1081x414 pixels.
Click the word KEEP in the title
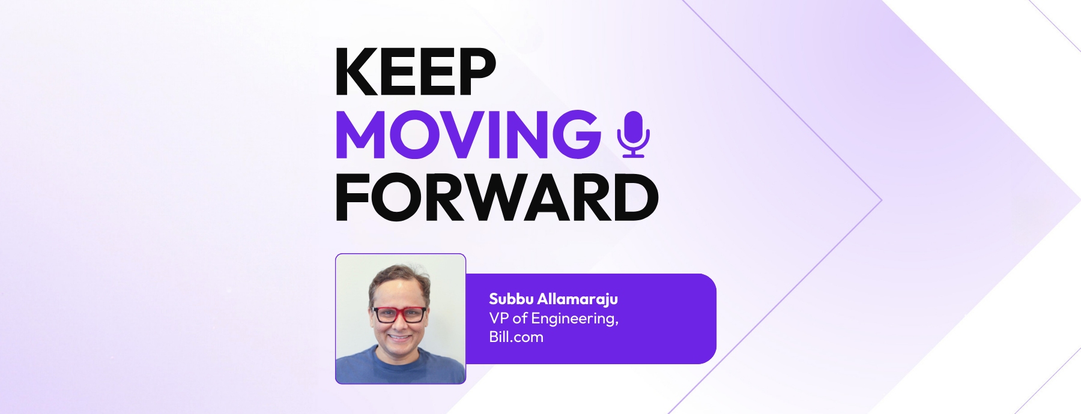[416, 72]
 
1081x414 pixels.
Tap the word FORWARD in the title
[497, 197]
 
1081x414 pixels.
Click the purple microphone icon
[634, 134]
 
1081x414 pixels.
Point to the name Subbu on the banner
[511, 299]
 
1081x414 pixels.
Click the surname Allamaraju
[578, 299]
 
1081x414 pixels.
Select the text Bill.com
[516, 337]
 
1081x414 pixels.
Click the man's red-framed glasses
[399, 314]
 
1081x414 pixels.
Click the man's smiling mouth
[399, 337]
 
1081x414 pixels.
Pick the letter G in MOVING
[577, 134]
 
